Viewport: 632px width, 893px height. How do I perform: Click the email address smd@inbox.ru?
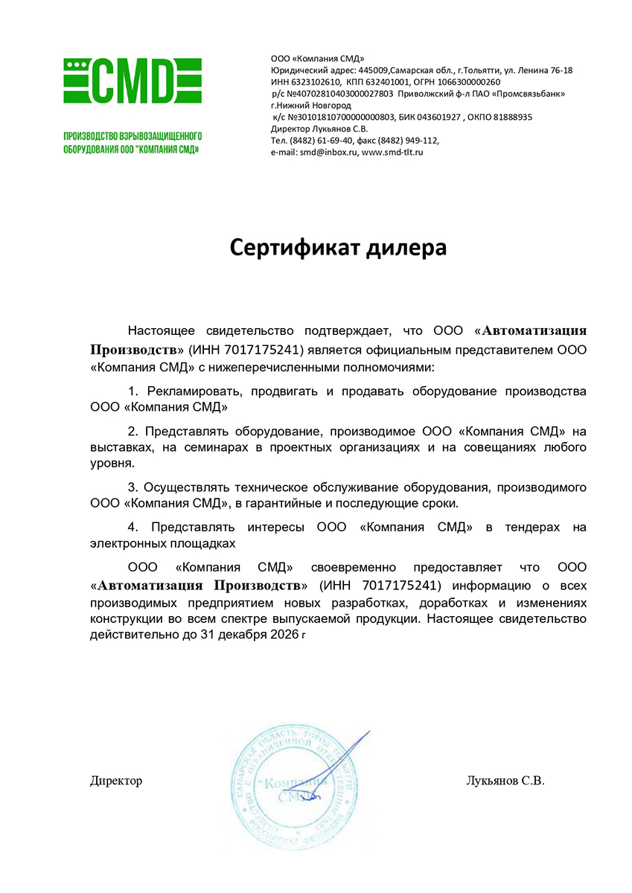click(x=329, y=152)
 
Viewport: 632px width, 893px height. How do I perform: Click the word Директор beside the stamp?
click(x=115, y=781)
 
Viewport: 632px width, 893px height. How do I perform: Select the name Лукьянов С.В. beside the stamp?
click(x=505, y=781)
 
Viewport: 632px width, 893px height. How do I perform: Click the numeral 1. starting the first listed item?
click(x=134, y=391)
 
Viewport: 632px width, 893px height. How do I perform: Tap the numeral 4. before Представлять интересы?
click(x=134, y=528)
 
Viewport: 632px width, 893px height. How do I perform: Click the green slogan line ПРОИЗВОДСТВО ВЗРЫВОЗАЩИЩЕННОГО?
click(x=133, y=137)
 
